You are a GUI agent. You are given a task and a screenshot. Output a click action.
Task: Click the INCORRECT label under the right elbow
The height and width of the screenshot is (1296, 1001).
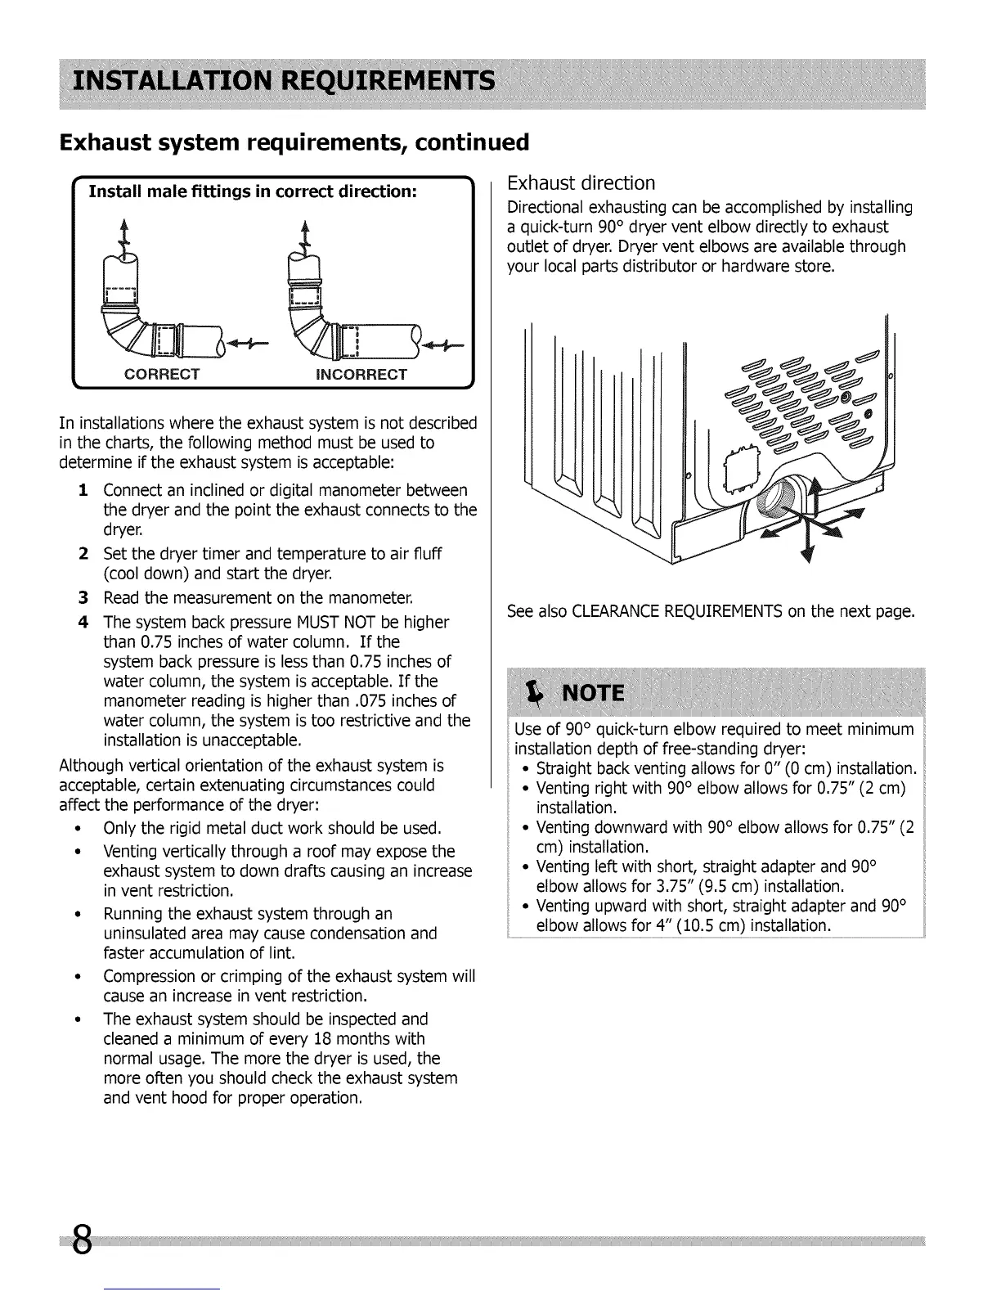tap(361, 375)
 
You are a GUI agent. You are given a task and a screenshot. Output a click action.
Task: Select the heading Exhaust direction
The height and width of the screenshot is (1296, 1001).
tap(581, 182)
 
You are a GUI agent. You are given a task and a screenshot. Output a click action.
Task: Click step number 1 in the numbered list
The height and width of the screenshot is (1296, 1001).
tap(83, 490)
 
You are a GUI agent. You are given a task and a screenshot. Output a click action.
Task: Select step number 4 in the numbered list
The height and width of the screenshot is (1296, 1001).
tap(83, 622)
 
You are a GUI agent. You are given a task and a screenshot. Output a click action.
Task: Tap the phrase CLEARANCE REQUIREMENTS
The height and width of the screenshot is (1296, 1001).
tap(678, 612)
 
